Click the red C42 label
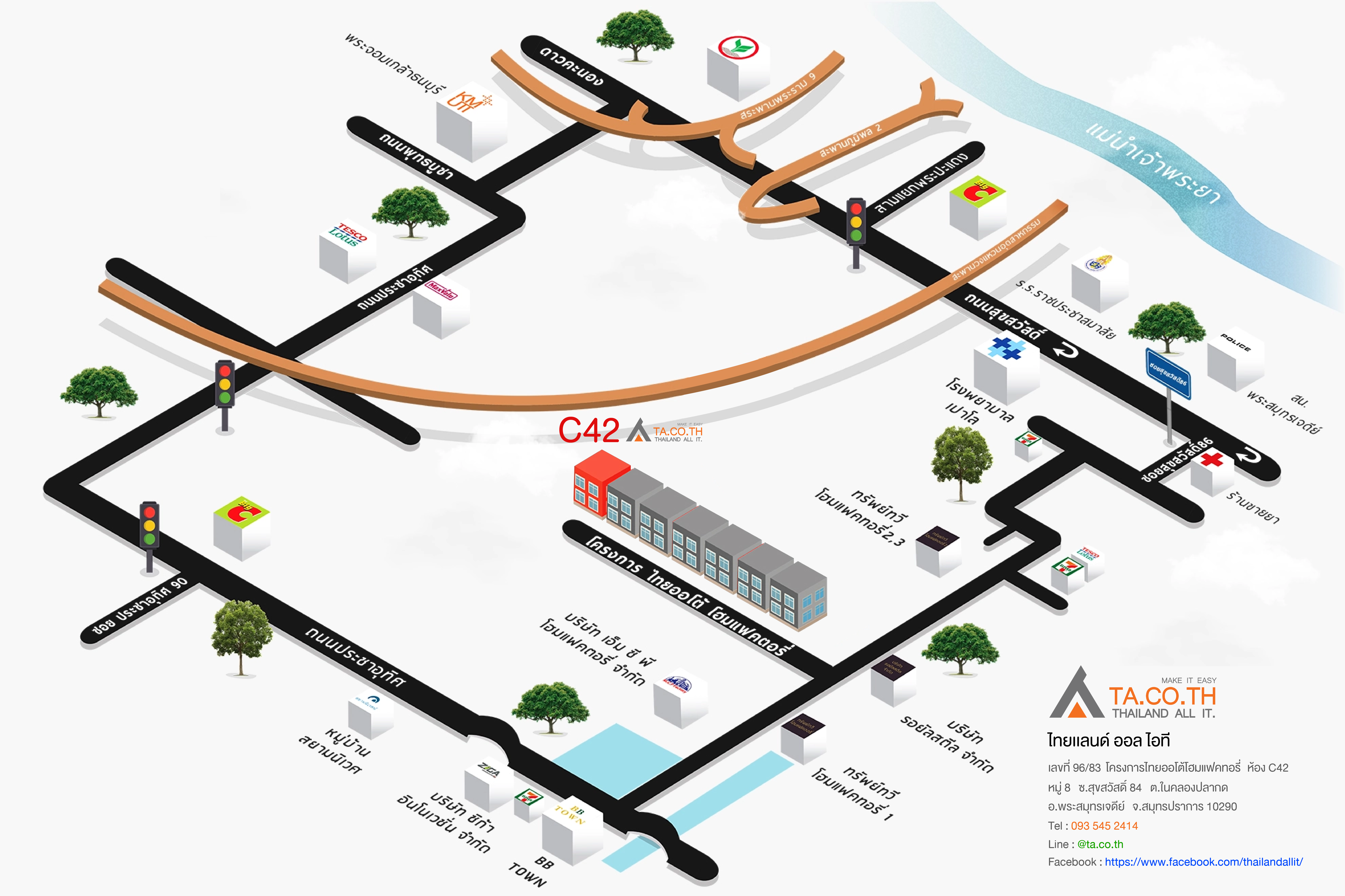click(x=589, y=430)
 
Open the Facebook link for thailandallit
click(x=1203, y=862)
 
